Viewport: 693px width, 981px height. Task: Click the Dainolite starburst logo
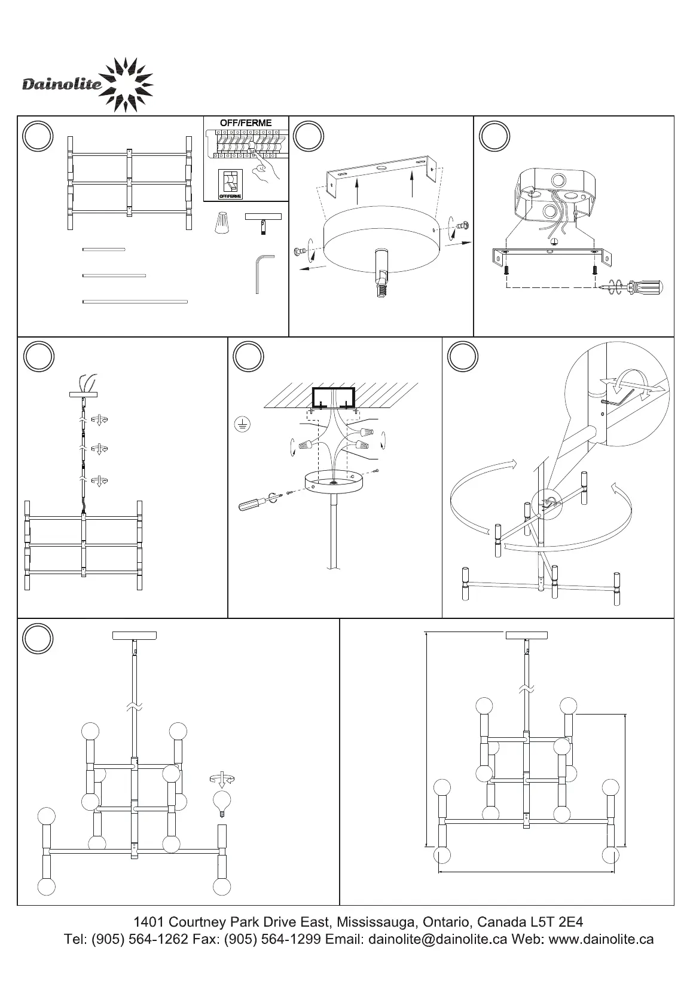[x=126, y=85]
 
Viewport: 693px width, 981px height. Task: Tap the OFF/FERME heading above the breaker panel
[x=246, y=123]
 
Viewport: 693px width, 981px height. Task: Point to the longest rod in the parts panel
[x=135, y=302]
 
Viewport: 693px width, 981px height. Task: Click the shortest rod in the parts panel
[x=103, y=249]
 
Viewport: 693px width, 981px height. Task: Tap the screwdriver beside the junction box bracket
[x=643, y=286]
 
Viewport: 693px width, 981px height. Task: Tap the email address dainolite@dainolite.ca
[x=438, y=940]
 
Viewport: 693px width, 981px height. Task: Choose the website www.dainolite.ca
[x=601, y=940]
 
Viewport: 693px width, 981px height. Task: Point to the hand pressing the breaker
[x=265, y=170]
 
